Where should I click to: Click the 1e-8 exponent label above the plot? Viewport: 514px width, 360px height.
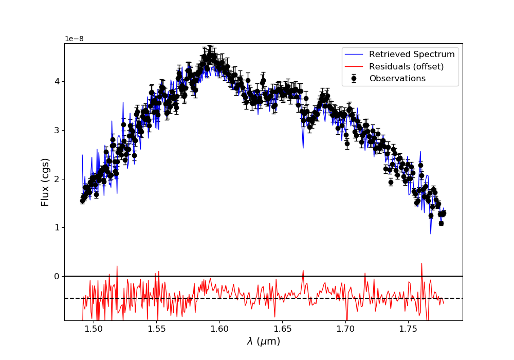point(75,39)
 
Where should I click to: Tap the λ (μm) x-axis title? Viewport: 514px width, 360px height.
point(264,341)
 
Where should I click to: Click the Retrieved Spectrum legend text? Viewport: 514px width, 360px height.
point(412,55)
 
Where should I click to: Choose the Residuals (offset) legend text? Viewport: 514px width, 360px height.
point(406,66)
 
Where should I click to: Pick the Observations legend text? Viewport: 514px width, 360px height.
point(397,79)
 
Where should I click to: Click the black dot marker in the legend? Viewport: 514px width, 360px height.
point(354,79)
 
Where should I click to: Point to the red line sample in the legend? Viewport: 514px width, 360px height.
point(354,66)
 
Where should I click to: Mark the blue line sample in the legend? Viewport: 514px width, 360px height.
point(354,55)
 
